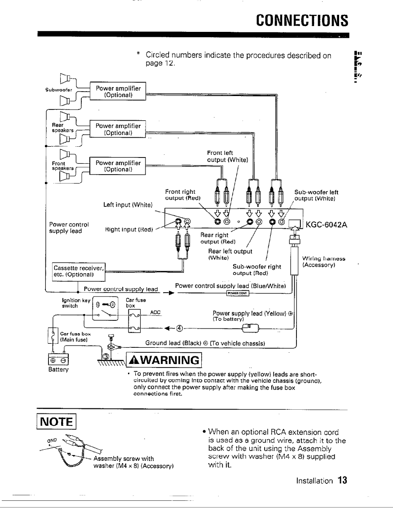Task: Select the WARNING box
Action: pyautogui.click(x=163, y=360)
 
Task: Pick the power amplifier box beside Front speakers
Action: pyautogui.click(x=117, y=166)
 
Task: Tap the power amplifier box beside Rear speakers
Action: pyautogui.click(x=117, y=129)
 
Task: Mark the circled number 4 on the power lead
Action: pyautogui.click(x=179, y=327)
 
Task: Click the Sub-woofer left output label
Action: pyautogui.click(x=316, y=196)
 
